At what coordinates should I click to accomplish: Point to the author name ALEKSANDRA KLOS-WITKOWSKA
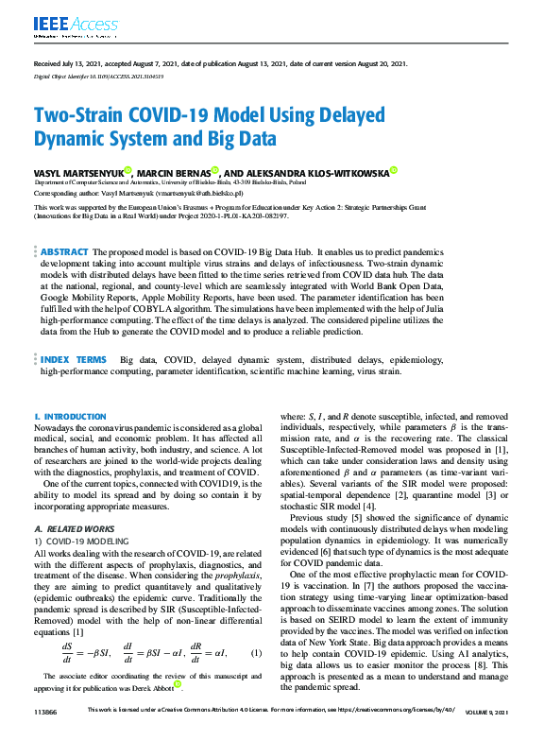coord(320,173)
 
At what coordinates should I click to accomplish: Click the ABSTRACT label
coord(64,253)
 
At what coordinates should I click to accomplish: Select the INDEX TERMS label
coord(73,360)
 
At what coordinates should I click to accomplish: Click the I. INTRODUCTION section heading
coord(70,416)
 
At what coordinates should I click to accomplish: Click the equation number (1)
coord(256,653)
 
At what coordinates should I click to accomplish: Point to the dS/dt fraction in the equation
coord(68,653)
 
